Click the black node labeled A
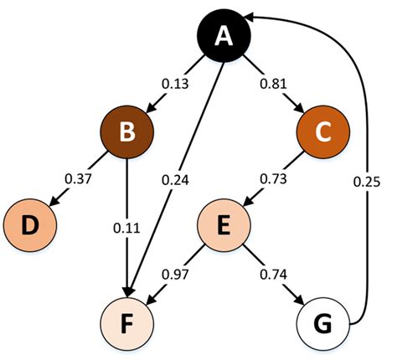[223, 35]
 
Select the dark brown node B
[126, 133]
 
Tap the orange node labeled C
[322, 133]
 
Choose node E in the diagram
[223, 226]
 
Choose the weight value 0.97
[174, 273]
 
